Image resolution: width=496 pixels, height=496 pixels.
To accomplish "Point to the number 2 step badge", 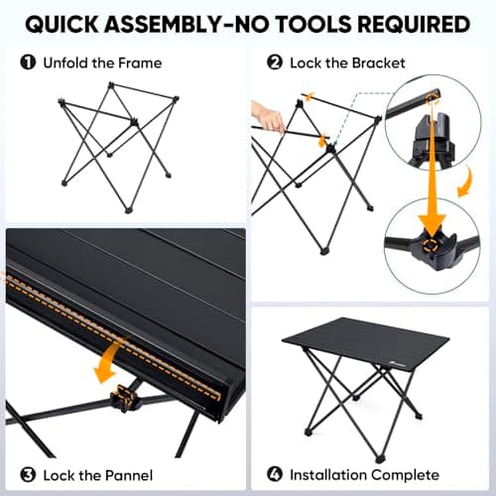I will [x=275, y=62].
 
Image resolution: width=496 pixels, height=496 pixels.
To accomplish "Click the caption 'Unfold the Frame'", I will [x=102, y=62].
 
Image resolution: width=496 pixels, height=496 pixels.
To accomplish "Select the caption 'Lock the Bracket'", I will [x=347, y=62].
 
